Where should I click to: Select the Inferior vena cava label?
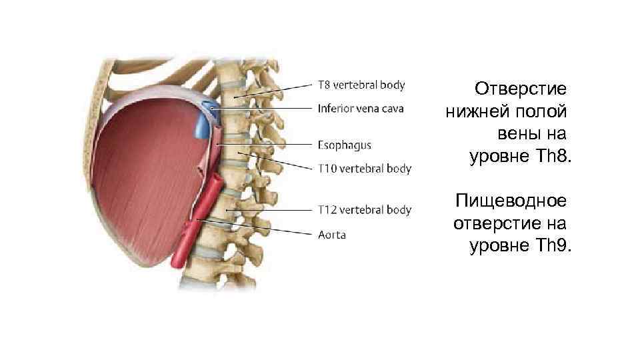[x=361, y=108]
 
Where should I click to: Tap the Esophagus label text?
[x=344, y=145]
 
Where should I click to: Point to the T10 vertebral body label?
[x=363, y=169]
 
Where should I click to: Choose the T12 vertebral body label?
[x=363, y=210]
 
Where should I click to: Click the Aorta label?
[x=331, y=234]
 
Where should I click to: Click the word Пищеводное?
[x=510, y=200]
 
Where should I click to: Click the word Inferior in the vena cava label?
[x=335, y=108]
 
